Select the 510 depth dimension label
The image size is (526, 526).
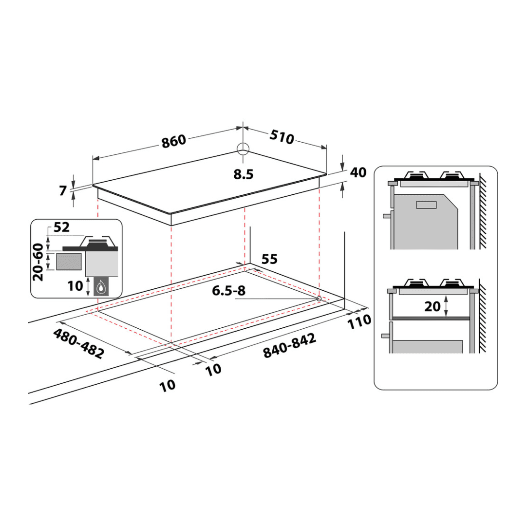pyautogui.click(x=282, y=137)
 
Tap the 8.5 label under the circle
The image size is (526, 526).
pyautogui.click(x=244, y=174)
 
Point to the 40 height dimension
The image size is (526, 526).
pyautogui.click(x=358, y=172)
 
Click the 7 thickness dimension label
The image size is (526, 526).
pyautogui.click(x=63, y=190)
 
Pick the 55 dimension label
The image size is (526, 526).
pyautogui.click(x=269, y=259)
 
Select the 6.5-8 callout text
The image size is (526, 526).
pyautogui.click(x=229, y=290)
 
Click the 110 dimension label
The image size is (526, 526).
pyautogui.click(x=359, y=322)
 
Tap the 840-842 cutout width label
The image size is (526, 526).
pyautogui.click(x=289, y=345)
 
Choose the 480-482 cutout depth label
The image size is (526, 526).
pyautogui.click(x=79, y=343)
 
